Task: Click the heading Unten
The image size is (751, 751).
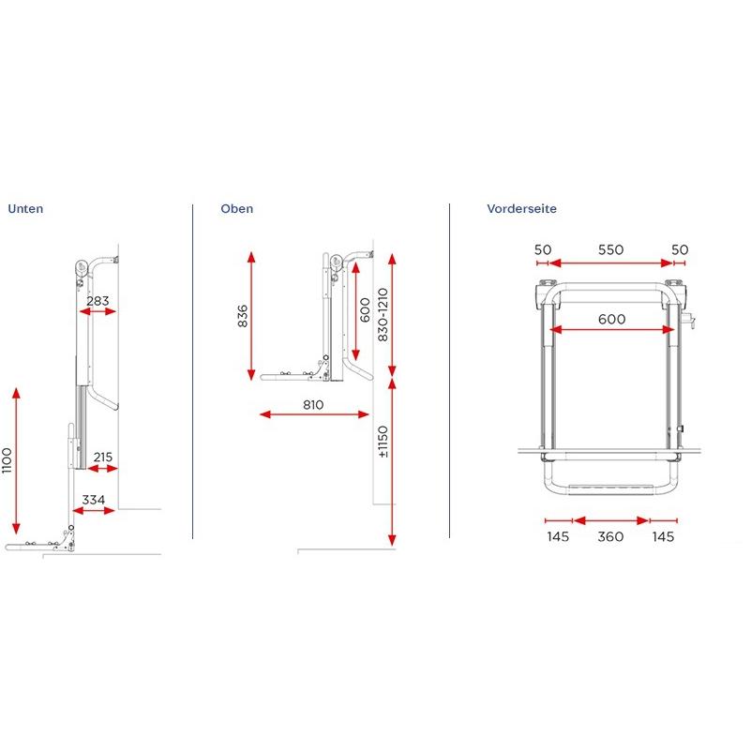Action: pyautogui.click(x=25, y=209)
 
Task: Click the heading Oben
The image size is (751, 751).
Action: pyautogui.click(x=236, y=209)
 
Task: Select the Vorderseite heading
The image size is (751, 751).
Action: pyautogui.click(x=521, y=209)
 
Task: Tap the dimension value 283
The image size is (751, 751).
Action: pyautogui.click(x=97, y=301)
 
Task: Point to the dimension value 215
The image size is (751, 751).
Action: pyautogui.click(x=102, y=458)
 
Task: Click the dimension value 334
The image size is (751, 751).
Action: pyautogui.click(x=93, y=500)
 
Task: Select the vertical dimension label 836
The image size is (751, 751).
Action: pyautogui.click(x=242, y=315)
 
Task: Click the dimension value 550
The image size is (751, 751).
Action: pyautogui.click(x=609, y=249)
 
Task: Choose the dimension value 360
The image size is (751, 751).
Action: pyautogui.click(x=611, y=536)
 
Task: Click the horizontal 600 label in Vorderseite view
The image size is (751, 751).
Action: pyautogui.click(x=610, y=319)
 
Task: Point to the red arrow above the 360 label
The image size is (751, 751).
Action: pyautogui.click(x=611, y=520)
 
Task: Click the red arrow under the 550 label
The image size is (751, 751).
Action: pyautogui.click(x=609, y=263)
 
